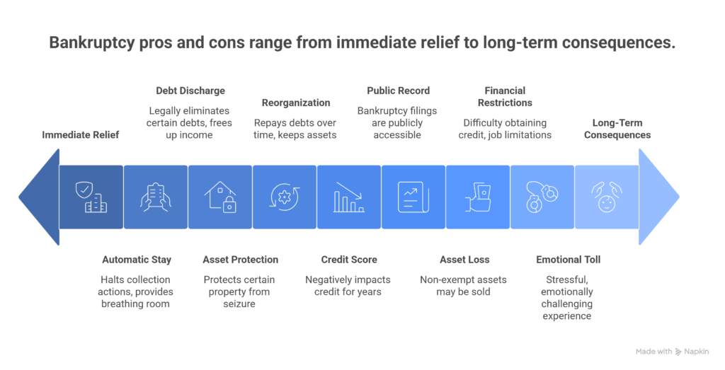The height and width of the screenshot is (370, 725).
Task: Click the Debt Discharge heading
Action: click(x=190, y=91)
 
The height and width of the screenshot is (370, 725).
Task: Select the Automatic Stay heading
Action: click(x=137, y=260)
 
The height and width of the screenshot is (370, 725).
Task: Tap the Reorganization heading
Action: click(x=296, y=103)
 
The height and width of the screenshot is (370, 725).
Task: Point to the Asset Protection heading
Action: click(x=241, y=260)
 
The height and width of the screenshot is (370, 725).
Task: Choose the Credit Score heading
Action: click(x=349, y=260)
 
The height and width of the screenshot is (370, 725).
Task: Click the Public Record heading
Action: click(x=399, y=91)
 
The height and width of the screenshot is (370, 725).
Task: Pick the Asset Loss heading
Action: click(x=464, y=260)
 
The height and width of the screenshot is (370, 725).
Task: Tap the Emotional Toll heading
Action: click(x=569, y=260)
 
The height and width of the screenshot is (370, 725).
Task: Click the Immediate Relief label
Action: click(x=81, y=135)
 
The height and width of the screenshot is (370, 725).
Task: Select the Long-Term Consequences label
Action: click(x=617, y=129)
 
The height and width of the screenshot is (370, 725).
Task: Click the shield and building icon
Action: click(x=91, y=197)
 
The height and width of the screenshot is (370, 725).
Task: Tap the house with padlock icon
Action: click(x=220, y=197)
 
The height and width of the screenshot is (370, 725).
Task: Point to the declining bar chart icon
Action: click(x=349, y=197)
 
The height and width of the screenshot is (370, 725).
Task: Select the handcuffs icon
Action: click(x=542, y=197)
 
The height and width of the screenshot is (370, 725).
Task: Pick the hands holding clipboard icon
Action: click(x=156, y=197)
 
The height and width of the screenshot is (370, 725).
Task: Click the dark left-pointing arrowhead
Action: click(x=39, y=197)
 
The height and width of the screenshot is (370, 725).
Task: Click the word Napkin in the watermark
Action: click(x=697, y=352)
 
